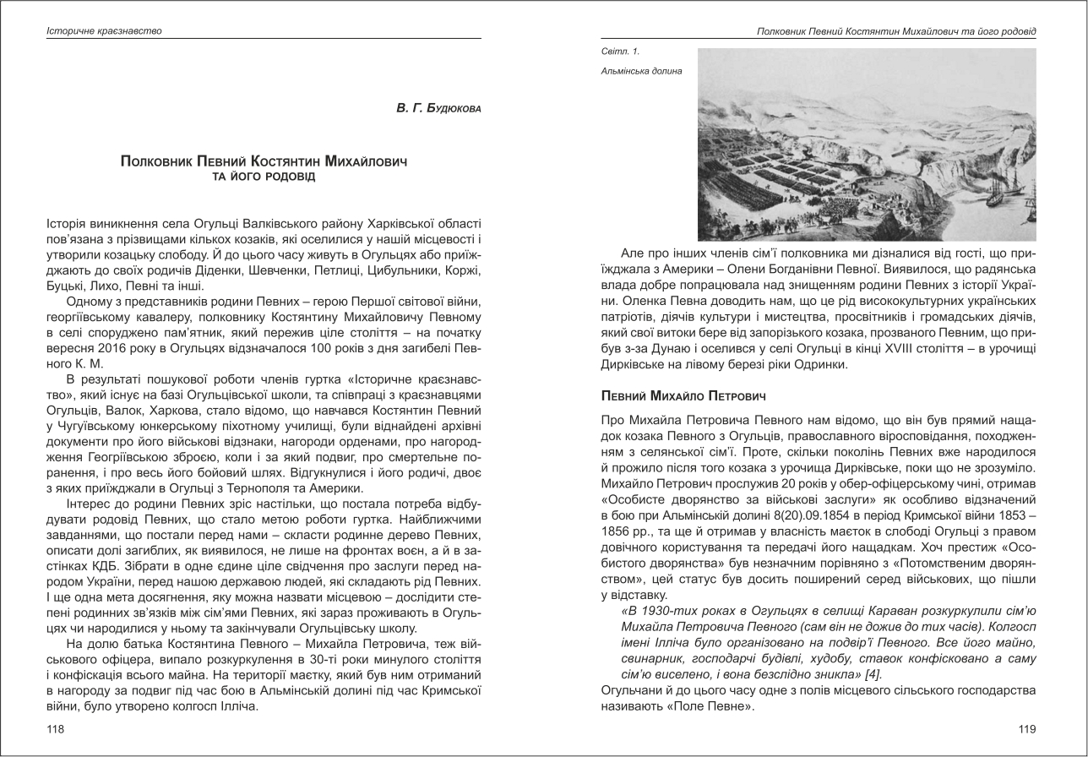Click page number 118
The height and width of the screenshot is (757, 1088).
pos(55,729)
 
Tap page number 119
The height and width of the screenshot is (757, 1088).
pos(1026,729)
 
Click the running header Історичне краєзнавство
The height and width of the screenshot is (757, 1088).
pos(104,31)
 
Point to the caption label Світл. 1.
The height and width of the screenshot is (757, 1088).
pos(620,52)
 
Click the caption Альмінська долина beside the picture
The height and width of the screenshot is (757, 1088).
pos(641,71)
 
